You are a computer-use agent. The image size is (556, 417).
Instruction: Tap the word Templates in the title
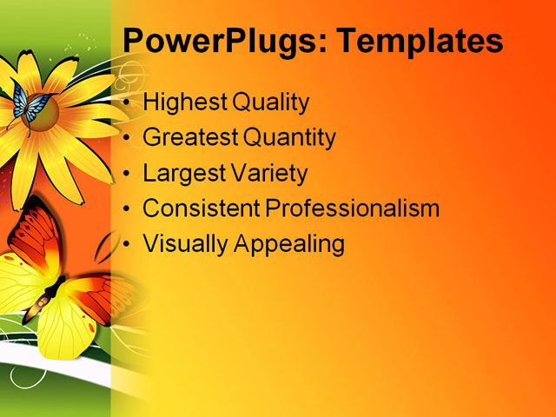[x=420, y=41]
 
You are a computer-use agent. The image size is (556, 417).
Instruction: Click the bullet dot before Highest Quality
[x=129, y=103]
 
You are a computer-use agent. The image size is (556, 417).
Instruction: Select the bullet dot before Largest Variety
[x=129, y=174]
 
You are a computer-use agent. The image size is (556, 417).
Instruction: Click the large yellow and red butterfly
[x=61, y=287]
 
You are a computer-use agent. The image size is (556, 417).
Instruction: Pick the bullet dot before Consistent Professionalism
[x=129, y=209]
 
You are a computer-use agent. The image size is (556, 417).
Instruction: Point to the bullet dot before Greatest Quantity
[x=129, y=138]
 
